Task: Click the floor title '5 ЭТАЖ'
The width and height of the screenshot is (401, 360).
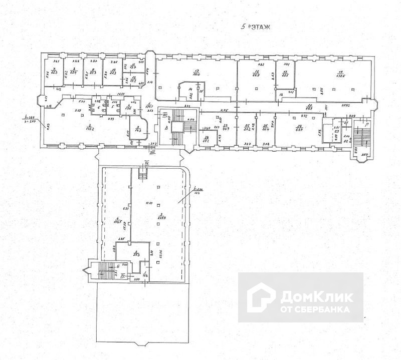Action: (x=256, y=28)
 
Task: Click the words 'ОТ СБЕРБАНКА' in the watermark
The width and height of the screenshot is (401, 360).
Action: (x=315, y=309)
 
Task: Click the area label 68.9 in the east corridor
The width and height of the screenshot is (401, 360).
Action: (x=309, y=108)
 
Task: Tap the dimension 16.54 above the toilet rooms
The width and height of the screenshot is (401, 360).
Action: (x=121, y=94)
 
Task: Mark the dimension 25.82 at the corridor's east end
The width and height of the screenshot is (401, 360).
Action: (x=346, y=105)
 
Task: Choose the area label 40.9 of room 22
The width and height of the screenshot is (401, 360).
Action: (x=226, y=129)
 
